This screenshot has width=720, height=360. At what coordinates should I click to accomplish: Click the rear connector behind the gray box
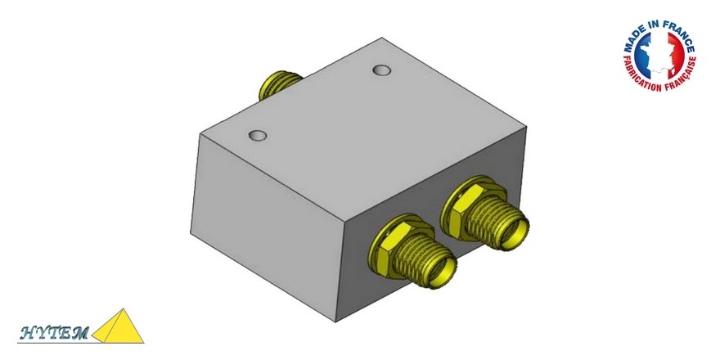[277, 82]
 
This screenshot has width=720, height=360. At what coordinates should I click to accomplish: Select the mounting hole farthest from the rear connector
[258, 133]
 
